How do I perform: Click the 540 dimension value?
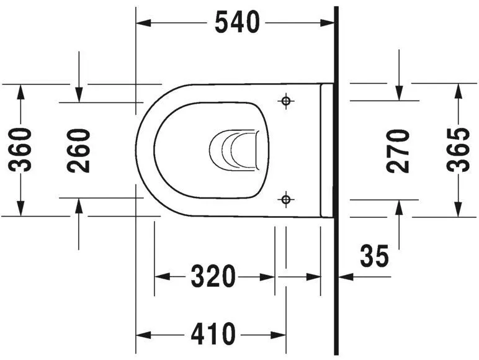point(236,23)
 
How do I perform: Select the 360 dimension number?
point(22,150)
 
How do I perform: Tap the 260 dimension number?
point(79,150)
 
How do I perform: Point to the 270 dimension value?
point(398,150)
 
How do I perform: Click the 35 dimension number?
point(375,256)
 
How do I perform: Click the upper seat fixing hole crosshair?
point(285,101)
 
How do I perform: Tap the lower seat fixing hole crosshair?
point(285,199)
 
